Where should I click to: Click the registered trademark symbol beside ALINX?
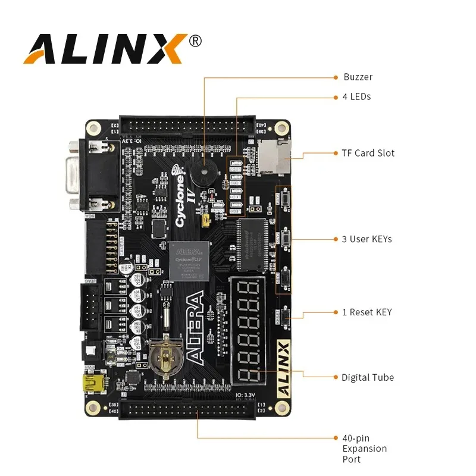(x=195, y=40)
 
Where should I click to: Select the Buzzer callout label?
(x=358, y=77)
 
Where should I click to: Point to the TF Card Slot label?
(x=368, y=153)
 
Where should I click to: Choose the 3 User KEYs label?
(x=367, y=239)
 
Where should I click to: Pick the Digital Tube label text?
(x=367, y=377)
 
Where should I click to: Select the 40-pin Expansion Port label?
(x=364, y=449)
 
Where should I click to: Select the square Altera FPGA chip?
(x=189, y=260)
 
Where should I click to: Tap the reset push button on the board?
(x=286, y=316)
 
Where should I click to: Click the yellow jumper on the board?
(x=206, y=221)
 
